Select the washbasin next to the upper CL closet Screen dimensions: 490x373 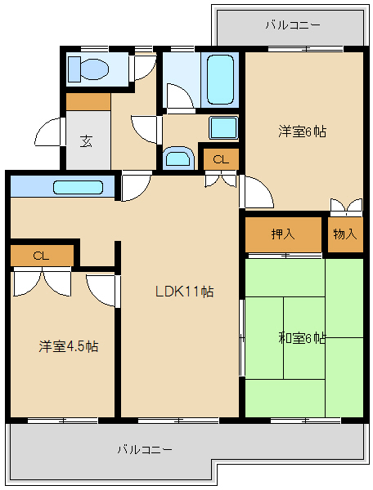pos(177,157)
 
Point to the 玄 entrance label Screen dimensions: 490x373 pos(86,140)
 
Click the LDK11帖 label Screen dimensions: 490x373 pos(186,291)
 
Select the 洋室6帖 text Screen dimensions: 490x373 pos(302,131)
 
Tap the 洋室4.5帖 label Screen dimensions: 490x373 pos(69,345)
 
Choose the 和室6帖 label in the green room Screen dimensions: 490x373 pos(302,337)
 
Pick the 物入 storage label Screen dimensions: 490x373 pos(344,234)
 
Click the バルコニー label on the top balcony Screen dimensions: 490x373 pos(292,25)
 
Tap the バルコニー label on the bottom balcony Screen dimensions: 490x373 pos(144,449)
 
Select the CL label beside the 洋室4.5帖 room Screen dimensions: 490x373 pos(41,256)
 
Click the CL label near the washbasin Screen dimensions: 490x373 pos(220,159)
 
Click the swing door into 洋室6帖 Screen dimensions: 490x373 pos(255,192)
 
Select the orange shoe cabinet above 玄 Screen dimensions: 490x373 pos(88,101)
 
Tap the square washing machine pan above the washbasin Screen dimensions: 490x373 pos(222,127)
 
